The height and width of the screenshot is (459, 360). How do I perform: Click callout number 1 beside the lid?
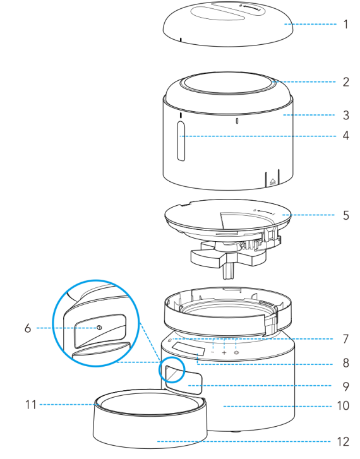[x=345, y=25]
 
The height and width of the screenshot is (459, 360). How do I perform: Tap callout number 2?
[x=345, y=81]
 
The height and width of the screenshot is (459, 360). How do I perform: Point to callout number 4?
[x=345, y=136]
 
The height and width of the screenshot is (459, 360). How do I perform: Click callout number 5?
[x=345, y=215]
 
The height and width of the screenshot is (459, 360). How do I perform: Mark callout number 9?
[x=345, y=384]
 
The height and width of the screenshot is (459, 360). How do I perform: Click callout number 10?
[x=344, y=405]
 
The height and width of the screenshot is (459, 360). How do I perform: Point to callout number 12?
[x=344, y=441]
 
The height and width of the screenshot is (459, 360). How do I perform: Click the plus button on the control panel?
[x=224, y=354]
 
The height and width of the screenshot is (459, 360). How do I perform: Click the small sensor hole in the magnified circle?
[x=99, y=328]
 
